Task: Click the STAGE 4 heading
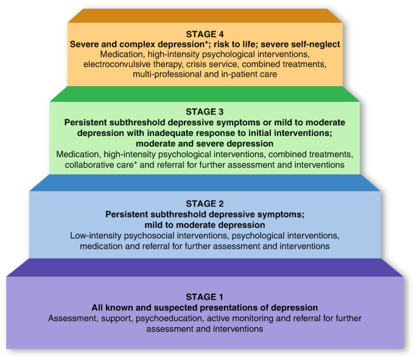click(205, 35)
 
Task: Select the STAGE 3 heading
click(205, 111)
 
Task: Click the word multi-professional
click(167, 74)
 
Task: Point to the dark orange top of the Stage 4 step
click(205, 16)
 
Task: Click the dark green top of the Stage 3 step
click(205, 93)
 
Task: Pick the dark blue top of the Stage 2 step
click(205, 183)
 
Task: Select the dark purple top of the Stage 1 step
click(205, 267)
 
